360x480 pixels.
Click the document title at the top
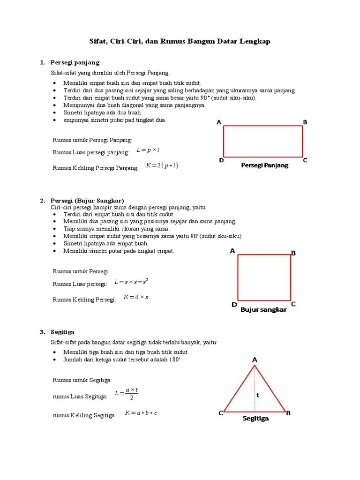tap(180, 42)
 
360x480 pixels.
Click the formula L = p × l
tap(148, 150)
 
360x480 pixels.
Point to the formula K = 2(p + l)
tap(162, 165)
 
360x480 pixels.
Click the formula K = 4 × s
tap(136, 297)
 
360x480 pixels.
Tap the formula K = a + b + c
tap(141, 413)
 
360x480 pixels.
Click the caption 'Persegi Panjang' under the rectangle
tap(265, 165)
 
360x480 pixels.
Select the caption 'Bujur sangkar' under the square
tap(263, 310)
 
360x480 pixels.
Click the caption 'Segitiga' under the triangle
tap(255, 419)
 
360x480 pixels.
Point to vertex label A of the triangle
tap(255, 360)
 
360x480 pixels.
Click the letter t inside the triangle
tap(257, 395)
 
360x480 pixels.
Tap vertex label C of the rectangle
tap(305, 160)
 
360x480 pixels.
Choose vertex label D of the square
tap(234, 305)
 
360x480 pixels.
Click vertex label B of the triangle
tap(288, 413)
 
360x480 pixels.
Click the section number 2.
tap(42, 201)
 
